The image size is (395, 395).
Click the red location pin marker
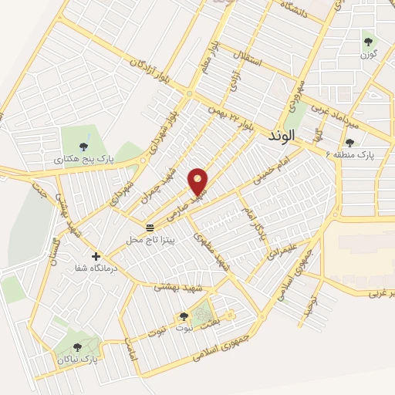[x=198, y=181]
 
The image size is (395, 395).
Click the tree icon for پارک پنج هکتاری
[x=83, y=146]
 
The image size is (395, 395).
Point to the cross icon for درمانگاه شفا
[x=96, y=256]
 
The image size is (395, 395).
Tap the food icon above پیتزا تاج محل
[x=150, y=228]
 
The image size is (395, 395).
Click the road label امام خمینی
[x=271, y=174]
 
